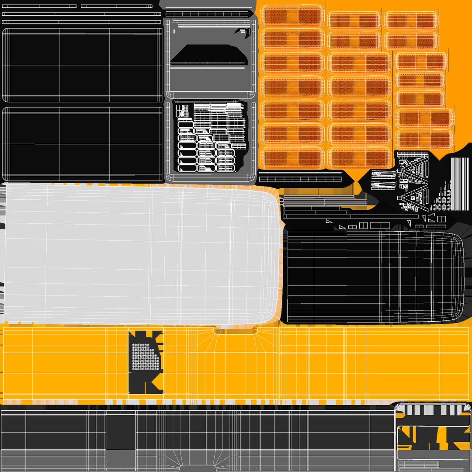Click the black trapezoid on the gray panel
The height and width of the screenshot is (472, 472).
coord(209,54)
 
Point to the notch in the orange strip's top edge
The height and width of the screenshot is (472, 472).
coord(236,331)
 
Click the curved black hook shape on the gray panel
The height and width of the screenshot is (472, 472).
coord(242,31)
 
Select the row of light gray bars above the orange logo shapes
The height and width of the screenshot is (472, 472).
coord(433,410)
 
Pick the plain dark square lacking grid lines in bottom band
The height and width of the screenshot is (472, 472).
coord(121,430)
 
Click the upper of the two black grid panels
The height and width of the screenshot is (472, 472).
coord(82,65)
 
